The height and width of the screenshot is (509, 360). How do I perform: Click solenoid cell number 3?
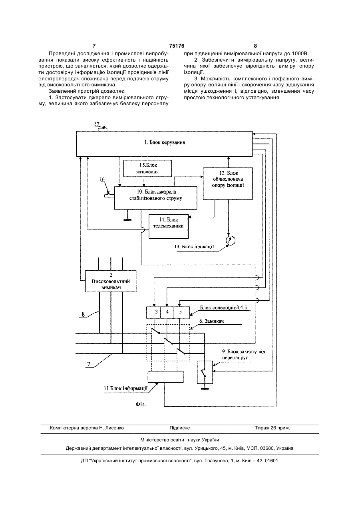click(153, 312)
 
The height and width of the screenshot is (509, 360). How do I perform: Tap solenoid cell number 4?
click(167, 312)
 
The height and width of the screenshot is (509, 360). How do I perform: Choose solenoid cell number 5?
click(181, 312)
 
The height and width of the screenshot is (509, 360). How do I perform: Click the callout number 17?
click(97, 124)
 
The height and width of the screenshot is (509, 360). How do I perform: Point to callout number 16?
click(102, 179)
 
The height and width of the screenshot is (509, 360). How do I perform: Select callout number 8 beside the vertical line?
click(83, 314)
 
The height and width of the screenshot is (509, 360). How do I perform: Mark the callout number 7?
click(89, 364)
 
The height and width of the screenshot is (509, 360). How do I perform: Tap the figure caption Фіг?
click(141, 405)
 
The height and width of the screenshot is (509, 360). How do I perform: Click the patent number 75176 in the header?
click(177, 46)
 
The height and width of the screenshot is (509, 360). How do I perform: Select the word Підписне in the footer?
click(180, 428)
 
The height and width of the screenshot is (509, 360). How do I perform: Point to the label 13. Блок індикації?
click(194, 247)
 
